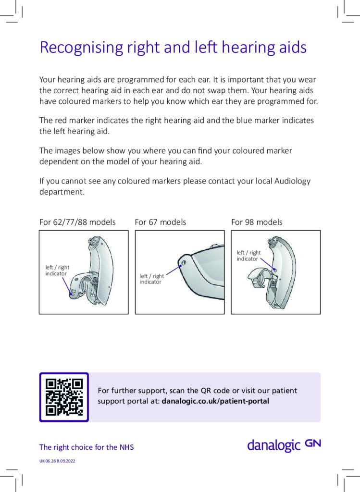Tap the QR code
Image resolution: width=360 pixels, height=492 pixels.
point(64,397)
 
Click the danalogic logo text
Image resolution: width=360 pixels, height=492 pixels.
point(273,445)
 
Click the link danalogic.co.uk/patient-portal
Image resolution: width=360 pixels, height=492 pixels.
point(216,401)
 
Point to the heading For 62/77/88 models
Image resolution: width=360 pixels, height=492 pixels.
point(77,222)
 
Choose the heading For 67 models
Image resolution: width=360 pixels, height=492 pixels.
point(160,222)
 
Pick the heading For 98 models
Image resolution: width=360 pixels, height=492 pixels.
point(257,222)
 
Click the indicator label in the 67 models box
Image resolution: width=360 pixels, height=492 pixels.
point(152,279)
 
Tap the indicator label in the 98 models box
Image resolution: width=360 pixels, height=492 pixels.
point(248,256)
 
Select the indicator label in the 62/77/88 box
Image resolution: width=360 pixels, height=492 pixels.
point(57,271)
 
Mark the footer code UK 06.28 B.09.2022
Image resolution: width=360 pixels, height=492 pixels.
point(57,461)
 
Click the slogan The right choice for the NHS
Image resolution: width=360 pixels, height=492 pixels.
point(87,447)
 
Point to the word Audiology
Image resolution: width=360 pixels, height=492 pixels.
point(292,181)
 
